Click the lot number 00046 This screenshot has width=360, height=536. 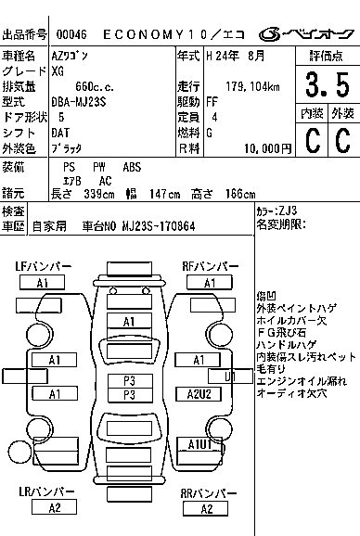point(70,34)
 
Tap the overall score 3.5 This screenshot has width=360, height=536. point(326,85)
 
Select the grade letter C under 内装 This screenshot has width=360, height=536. point(311,140)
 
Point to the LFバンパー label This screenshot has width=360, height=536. point(44,267)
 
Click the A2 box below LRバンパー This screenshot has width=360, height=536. point(54,508)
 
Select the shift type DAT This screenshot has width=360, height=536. point(61,133)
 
